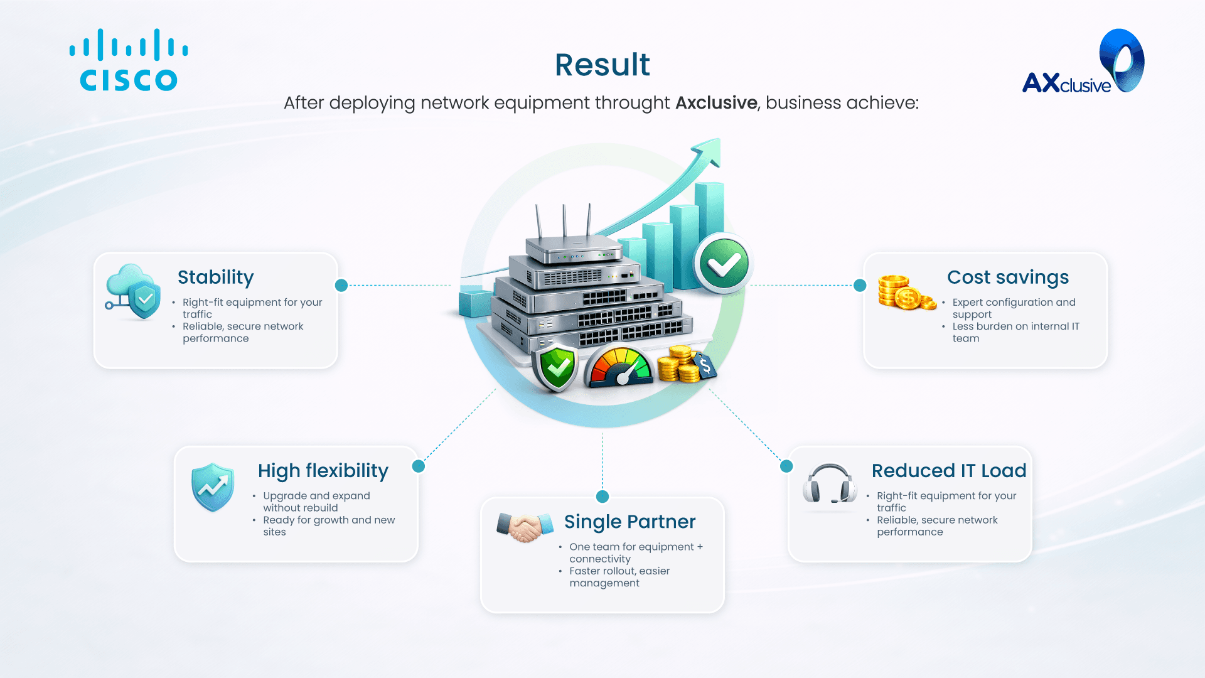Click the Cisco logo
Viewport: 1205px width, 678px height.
[129, 60]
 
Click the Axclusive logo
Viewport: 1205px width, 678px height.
[1083, 62]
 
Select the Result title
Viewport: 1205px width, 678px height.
[602, 65]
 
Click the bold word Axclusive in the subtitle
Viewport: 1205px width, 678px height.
[716, 102]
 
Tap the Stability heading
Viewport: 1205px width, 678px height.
[216, 277]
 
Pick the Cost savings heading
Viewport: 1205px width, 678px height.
[1008, 277]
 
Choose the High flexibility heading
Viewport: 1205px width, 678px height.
[323, 471]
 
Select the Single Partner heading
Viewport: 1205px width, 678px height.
[629, 522]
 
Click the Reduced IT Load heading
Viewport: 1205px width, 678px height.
[949, 471]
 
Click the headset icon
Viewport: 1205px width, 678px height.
[830, 483]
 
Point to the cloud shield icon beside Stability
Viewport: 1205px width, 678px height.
[133, 291]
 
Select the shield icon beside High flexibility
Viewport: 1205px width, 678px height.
[213, 487]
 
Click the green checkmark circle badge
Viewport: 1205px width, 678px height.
[724, 264]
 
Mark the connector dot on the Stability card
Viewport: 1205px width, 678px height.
[341, 286]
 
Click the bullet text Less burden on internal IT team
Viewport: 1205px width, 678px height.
[1015, 332]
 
